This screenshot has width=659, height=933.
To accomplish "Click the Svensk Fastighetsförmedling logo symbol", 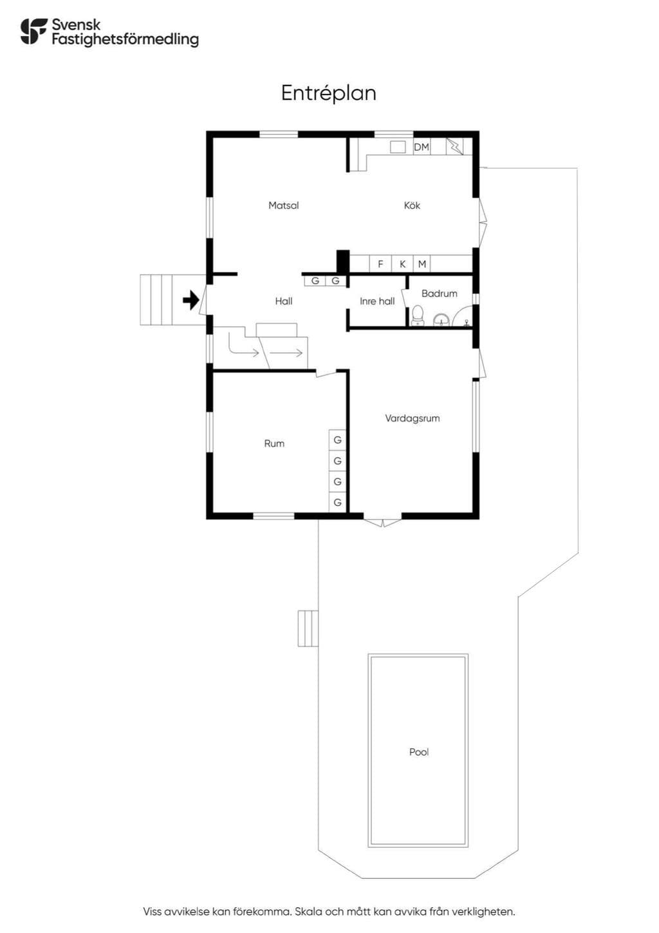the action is coord(33,32).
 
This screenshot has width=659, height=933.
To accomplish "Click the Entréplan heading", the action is coord(328,94).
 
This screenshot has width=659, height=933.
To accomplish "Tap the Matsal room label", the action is coord(284,205).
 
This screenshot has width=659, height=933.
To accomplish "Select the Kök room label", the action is coord(412,205).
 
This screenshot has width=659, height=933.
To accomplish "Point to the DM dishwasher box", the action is coord(422,147).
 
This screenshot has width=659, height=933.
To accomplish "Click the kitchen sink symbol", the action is coord(398,147).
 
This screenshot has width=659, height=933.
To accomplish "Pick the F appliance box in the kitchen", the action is coord(380,263).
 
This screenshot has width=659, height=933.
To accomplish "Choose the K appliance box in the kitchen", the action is coord(402,263).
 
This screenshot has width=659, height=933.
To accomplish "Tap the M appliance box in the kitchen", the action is coord(422,263).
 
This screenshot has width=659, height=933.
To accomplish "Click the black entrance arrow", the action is coord(190,300).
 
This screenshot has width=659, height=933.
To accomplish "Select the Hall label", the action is coord(284,301).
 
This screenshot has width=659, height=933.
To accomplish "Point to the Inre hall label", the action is coord(377,301).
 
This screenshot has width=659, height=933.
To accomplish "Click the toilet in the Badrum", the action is coord(417,316).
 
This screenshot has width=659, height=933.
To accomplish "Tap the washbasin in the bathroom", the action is coord(441,320).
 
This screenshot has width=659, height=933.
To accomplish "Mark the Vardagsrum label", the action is coord(412,418).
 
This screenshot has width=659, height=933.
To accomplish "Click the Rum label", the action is coord(274,444).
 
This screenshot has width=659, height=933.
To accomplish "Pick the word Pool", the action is coord(419,752).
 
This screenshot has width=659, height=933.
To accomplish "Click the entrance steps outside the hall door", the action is coord(156,299).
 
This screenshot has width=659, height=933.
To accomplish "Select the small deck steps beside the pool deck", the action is coord(308,628).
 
